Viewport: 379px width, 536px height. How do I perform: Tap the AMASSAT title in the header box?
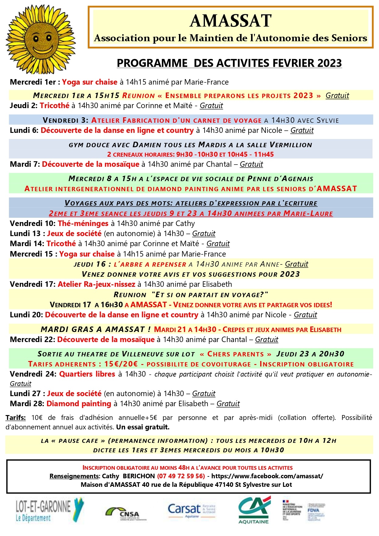click(x=231, y=21)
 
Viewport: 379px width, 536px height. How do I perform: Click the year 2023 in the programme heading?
click(x=330, y=63)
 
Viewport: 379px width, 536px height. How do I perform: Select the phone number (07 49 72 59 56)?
click(x=181, y=476)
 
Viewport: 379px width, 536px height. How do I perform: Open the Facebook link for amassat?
click(x=267, y=476)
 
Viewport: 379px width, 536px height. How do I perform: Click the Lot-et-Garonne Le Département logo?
click(x=49, y=511)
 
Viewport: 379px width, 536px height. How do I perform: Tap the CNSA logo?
click(x=126, y=514)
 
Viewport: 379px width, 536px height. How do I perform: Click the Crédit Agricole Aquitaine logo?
click(x=254, y=510)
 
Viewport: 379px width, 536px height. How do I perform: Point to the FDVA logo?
click(x=315, y=511)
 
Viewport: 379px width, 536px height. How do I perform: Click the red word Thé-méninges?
click(x=83, y=224)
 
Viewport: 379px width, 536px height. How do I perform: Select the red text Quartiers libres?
click(x=87, y=374)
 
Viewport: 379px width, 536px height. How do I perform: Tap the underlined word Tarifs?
click(x=16, y=417)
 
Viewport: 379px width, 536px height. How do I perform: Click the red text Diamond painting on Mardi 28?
click(x=78, y=404)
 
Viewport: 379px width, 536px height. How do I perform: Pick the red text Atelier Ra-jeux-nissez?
click(x=97, y=284)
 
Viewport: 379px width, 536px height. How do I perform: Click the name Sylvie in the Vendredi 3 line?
click(x=328, y=120)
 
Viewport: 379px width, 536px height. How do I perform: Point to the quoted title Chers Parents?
click(x=235, y=354)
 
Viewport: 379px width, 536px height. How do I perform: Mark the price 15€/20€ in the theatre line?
click(x=121, y=364)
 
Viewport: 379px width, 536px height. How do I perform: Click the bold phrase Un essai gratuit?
click(x=143, y=427)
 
